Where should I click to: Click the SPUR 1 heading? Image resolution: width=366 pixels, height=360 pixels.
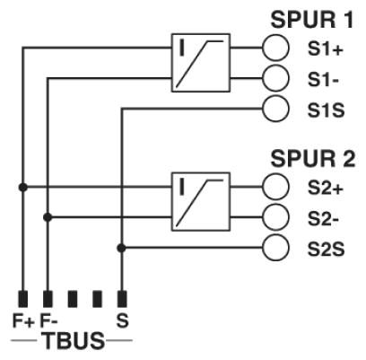312,20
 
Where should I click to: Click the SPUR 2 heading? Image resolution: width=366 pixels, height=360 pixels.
313,158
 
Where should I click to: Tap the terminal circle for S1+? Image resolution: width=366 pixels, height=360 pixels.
275,48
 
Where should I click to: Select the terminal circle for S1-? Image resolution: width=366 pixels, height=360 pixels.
275,78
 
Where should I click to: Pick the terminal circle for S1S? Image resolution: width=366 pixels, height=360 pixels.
275,109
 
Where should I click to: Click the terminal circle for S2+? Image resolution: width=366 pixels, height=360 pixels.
275,187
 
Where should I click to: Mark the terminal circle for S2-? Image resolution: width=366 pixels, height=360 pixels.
275,217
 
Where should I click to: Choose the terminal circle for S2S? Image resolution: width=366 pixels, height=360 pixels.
275,248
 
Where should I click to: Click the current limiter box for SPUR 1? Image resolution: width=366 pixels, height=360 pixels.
201,63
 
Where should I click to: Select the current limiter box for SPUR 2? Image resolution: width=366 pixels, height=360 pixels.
201,202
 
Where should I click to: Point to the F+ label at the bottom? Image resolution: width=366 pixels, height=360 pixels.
24,320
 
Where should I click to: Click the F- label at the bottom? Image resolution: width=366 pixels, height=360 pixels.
48,320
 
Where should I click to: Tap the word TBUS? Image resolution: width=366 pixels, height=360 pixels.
74,341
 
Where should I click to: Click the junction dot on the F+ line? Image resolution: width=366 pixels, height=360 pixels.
22,188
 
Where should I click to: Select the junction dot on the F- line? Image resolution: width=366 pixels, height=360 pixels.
48,217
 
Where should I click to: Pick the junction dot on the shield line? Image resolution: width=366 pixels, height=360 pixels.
121,248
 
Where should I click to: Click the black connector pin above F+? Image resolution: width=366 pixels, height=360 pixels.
23,299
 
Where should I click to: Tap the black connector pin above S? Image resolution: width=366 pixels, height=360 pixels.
122,299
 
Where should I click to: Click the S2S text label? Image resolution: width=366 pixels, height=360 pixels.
327,250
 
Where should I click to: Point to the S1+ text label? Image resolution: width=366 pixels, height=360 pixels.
326,49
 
